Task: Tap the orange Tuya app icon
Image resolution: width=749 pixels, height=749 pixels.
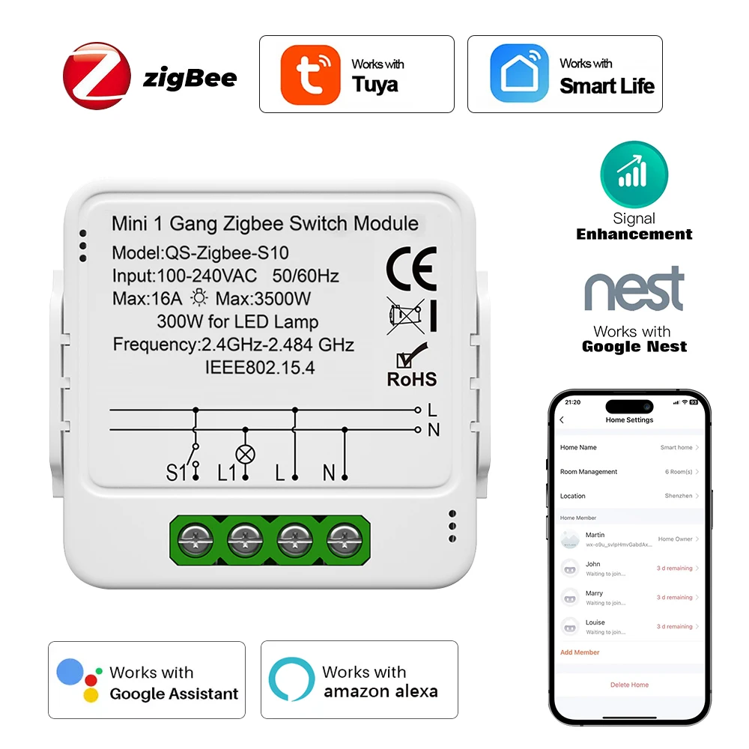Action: tap(309, 75)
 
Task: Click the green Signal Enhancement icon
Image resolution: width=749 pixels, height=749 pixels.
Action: tap(634, 175)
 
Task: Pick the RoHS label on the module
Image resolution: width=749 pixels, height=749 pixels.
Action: tap(411, 378)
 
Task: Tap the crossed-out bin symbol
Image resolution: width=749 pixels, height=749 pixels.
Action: tap(405, 315)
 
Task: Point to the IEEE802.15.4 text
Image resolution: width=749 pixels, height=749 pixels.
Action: tap(260, 367)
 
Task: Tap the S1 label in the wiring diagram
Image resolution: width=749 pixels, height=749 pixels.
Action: tap(176, 473)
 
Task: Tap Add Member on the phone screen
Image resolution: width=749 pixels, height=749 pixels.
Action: tap(580, 652)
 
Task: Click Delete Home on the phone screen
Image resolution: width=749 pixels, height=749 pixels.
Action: tap(629, 685)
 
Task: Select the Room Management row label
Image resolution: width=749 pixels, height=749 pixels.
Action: tap(589, 472)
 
